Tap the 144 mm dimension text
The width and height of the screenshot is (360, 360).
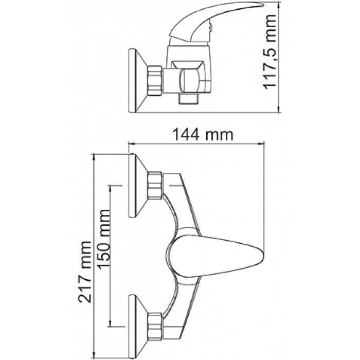203,135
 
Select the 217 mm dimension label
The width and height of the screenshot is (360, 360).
85,272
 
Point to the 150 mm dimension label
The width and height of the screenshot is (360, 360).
103,239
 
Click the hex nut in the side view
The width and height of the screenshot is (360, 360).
155,81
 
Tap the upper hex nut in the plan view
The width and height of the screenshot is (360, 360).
155,185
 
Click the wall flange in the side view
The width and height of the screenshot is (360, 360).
137,81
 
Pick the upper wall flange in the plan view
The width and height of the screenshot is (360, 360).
138,185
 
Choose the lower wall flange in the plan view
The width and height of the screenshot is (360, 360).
138,326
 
